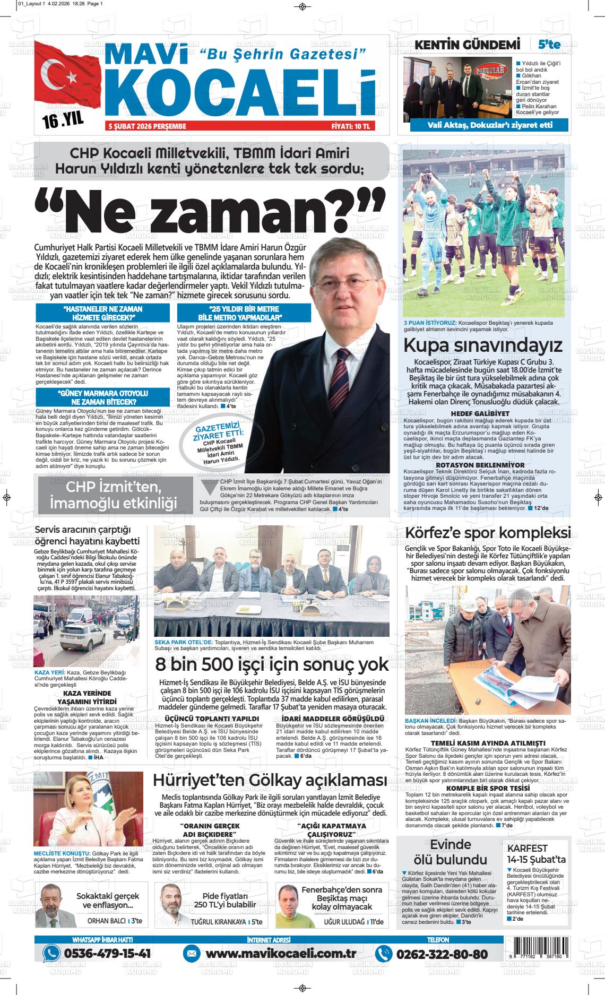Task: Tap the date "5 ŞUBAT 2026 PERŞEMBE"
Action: point(147,126)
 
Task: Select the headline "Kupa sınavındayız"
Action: point(482,345)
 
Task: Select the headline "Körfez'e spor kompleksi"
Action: point(488,533)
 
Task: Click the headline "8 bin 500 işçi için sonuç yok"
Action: point(272,664)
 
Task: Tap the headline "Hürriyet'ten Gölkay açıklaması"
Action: point(270,781)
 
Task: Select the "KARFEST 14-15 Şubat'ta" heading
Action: point(536,854)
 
